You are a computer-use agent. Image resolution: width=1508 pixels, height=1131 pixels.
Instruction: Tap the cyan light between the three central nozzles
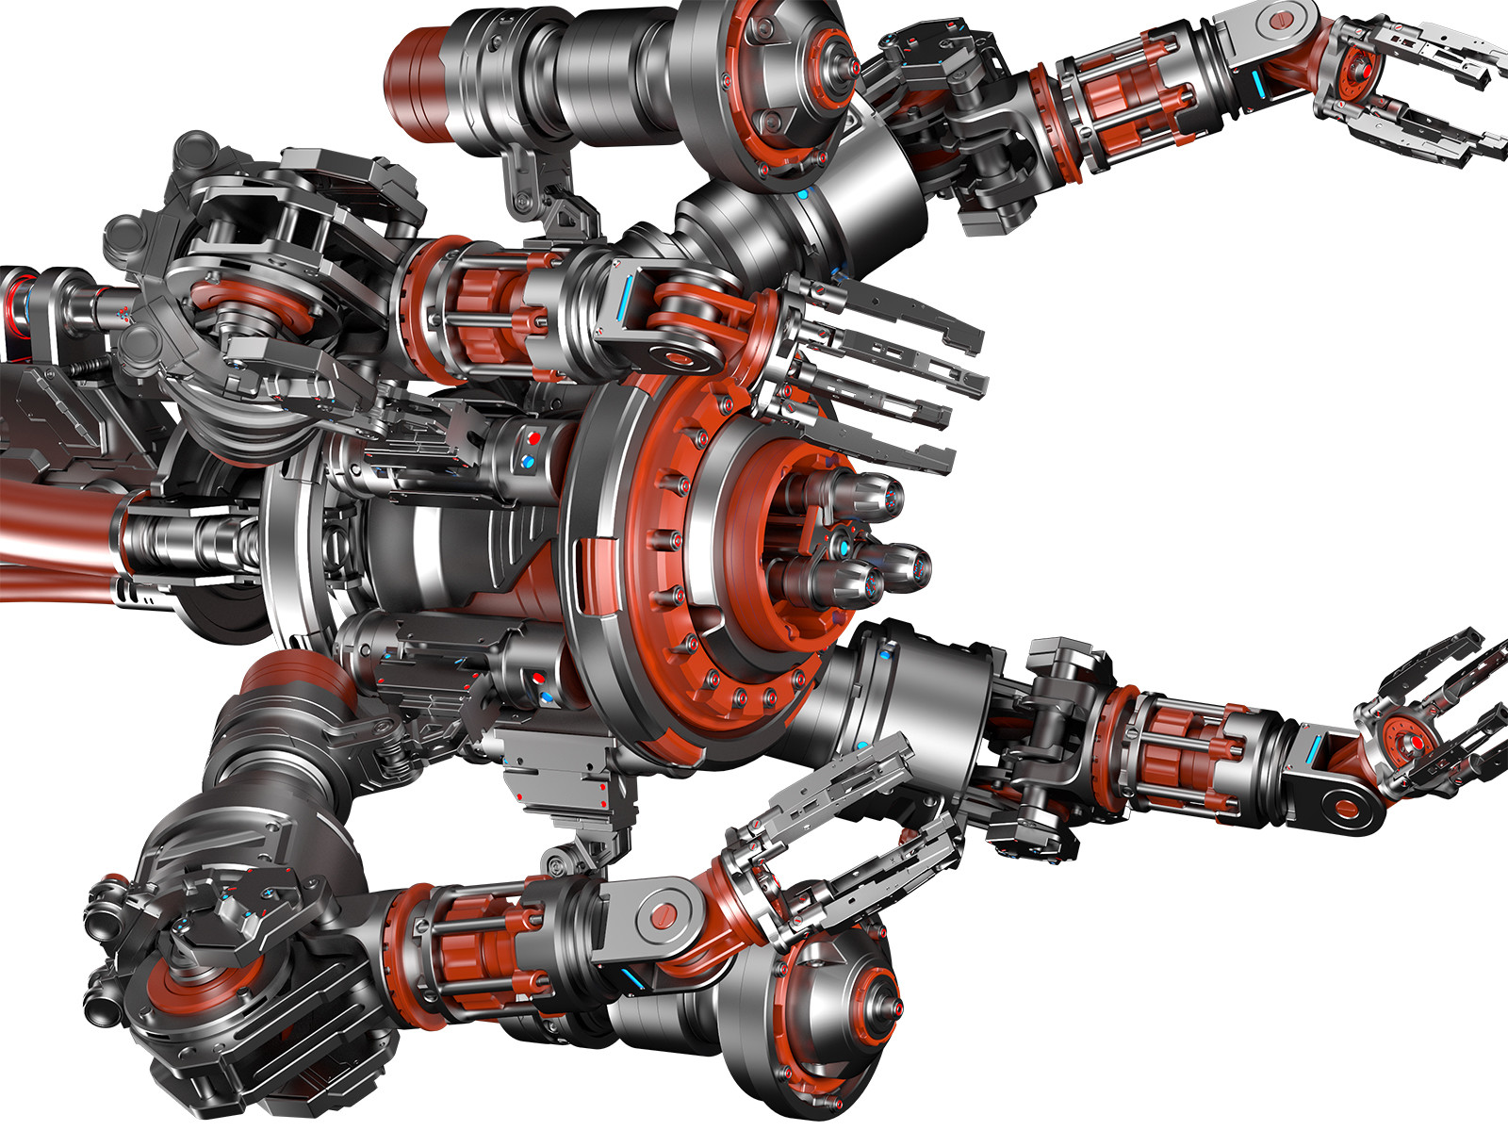point(844,547)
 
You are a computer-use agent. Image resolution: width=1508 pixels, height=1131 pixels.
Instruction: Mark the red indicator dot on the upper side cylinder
point(534,439)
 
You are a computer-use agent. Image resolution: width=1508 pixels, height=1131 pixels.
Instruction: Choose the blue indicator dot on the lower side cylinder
point(546,698)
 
